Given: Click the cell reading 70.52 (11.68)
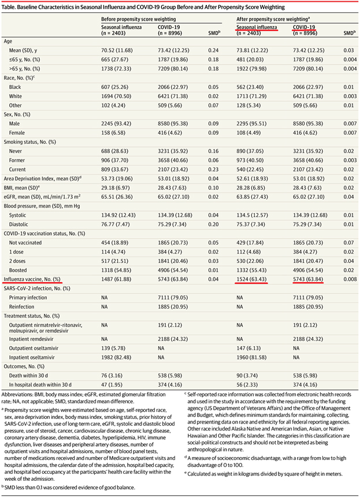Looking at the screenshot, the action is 117,50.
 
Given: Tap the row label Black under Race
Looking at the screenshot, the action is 15,87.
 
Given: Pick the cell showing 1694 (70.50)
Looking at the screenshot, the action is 116,97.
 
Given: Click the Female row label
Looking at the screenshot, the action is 17,133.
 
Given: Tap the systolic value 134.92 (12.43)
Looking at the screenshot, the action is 118,216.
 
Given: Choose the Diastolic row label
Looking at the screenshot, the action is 18,224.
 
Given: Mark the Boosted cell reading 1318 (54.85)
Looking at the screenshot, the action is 116,270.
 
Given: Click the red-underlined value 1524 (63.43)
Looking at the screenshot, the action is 251,280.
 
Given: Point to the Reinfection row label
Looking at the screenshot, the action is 21,307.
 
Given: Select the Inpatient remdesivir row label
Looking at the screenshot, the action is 31,339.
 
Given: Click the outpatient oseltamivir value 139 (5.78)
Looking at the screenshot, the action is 113,348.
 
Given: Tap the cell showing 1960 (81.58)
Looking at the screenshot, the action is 251,358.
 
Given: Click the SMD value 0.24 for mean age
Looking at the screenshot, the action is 213,50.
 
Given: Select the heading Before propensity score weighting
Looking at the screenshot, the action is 139,19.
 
